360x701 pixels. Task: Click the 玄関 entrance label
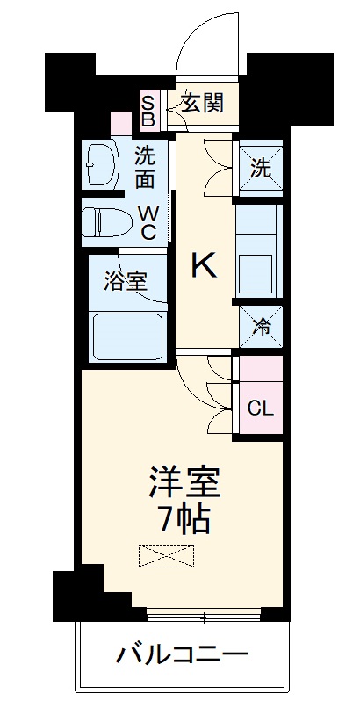click(202, 105)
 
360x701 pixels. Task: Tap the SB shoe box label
click(148, 110)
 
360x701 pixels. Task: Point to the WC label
click(148, 222)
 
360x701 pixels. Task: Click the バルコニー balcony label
click(184, 654)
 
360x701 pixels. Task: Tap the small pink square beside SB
click(119, 123)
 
